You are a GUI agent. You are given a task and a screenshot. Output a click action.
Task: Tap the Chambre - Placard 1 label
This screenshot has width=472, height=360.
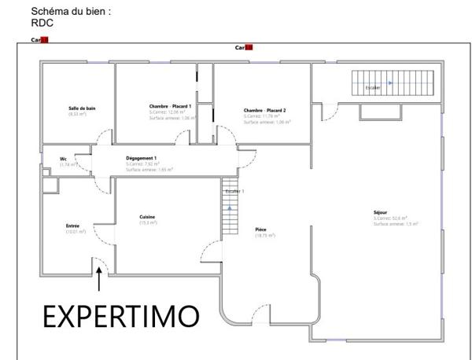point(170,106)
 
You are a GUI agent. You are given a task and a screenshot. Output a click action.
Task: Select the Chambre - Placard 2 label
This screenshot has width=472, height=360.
point(264,111)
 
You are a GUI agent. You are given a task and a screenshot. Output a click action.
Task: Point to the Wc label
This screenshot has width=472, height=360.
point(63,159)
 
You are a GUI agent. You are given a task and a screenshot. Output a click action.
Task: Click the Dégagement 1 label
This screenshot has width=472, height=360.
point(142,158)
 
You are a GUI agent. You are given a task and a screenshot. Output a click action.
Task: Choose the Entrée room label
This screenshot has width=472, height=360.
point(72,226)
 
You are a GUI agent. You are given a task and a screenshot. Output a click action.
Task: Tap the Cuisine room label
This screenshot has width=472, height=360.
point(147,217)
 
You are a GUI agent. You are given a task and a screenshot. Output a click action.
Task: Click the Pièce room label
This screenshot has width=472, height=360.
point(260,230)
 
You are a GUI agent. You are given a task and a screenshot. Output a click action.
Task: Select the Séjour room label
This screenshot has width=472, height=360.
point(381,212)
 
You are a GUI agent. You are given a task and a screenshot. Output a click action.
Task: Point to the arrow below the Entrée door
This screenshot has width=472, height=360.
point(99,280)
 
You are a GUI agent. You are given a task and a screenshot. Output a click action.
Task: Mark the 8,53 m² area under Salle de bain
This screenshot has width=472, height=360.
point(76,114)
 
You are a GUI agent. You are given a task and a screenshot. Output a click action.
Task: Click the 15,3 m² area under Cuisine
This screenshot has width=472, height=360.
point(147,223)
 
